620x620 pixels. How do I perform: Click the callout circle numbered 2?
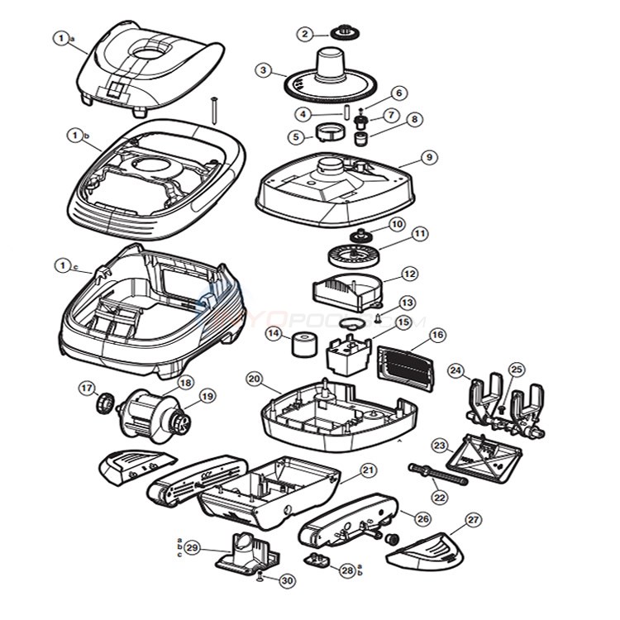pos(306,34)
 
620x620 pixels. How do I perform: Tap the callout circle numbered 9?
pos(427,156)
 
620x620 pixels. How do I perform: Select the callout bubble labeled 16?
pos(437,335)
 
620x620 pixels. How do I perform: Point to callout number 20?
pos(255,379)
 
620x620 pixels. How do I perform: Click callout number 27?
pos(473,520)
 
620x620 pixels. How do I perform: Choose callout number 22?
pos(439,498)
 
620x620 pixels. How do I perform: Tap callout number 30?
pos(286,581)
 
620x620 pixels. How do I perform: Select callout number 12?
pos(410,274)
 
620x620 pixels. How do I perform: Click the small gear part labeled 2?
pos(341,32)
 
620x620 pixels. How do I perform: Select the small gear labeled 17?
pos(105,403)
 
